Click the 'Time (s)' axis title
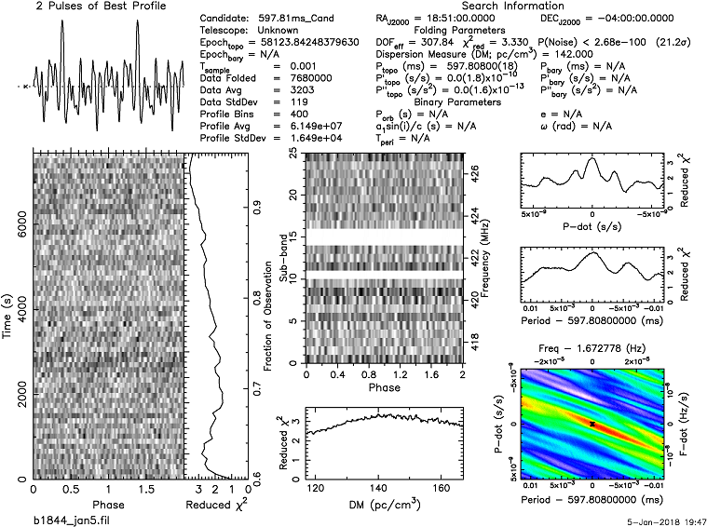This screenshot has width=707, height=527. coord(7,315)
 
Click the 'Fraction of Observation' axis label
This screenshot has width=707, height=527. coord(268,314)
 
